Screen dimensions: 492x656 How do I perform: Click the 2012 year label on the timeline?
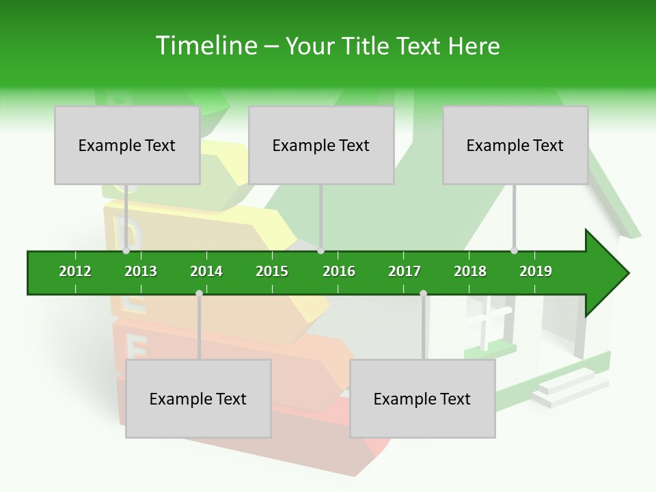click(x=75, y=271)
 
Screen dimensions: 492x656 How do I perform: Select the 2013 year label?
click(x=141, y=271)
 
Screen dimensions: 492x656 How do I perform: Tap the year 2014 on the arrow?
click(x=206, y=271)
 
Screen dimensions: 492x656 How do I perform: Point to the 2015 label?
click(x=272, y=271)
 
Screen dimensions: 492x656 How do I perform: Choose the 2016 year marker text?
click(x=339, y=271)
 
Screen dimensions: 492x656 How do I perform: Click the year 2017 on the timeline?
click(x=405, y=271)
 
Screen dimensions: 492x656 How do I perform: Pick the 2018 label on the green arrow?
click(x=470, y=271)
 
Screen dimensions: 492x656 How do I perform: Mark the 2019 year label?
click(x=536, y=271)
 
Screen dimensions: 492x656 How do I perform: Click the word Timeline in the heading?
click(x=206, y=46)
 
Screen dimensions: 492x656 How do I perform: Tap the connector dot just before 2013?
click(x=126, y=251)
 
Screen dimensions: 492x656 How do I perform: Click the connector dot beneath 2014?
click(x=199, y=293)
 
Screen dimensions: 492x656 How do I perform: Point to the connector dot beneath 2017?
click(x=423, y=293)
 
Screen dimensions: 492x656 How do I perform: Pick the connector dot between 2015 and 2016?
click(x=320, y=251)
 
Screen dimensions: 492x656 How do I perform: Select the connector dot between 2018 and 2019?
click(x=514, y=251)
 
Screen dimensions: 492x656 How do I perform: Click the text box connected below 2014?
click(x=198, y=398)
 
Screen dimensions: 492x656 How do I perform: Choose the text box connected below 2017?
click(x=422, y=398)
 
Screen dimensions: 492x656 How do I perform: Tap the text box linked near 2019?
click(x=515, y=145)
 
